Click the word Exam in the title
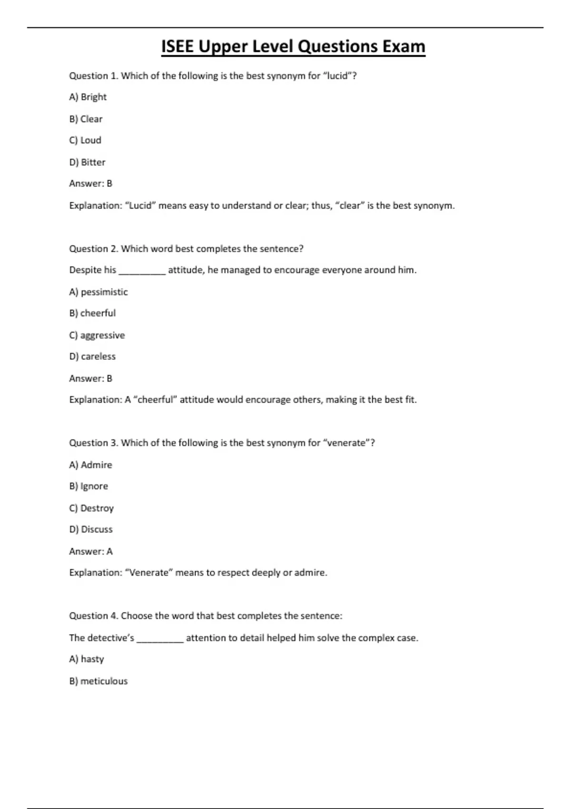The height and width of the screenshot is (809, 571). (404, 47)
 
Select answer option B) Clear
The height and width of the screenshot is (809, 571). (86, 119)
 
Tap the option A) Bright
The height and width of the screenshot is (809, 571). (88, 97)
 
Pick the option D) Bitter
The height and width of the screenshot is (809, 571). (87, 162)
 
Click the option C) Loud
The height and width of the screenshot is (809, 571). (85, 140)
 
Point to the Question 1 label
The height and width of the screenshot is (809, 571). (93, 76)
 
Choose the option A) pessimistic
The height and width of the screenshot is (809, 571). (98, 292)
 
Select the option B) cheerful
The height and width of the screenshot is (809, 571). (92, 313)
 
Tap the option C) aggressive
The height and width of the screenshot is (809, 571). (97, 335)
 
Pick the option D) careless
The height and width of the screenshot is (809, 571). (92, 356)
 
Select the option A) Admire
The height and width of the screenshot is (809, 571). (90, 465)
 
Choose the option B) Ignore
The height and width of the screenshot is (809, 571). (89, 486)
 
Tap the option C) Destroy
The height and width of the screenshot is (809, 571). (91, 508)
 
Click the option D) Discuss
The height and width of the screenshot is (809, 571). (91, 530)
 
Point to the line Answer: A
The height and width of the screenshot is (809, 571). (91, 552)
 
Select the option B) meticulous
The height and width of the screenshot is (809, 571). (98, 681)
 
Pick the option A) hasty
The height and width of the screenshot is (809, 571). (87, 660)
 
